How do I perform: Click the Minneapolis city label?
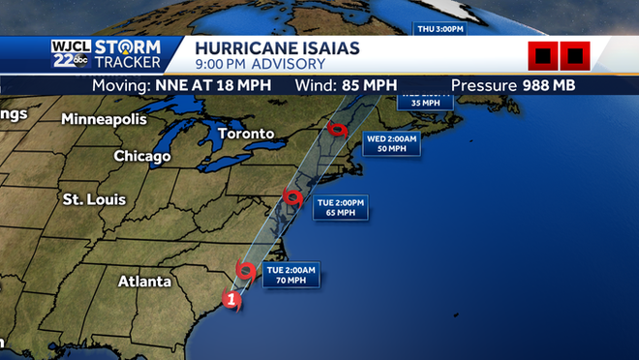pos(104,119)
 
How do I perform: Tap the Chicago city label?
pos(142,156)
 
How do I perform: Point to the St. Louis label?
pos(94,199)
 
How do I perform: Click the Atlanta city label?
pos(143,282)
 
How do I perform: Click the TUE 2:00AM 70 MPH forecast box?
pos(291,274)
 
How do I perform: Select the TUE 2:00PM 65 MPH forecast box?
pos(343,207)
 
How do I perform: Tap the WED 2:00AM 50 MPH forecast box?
pos(391,144)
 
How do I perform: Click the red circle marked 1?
pos(231,300)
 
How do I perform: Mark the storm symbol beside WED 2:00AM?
pos(337,130)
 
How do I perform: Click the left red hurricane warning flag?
pos(543,56)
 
